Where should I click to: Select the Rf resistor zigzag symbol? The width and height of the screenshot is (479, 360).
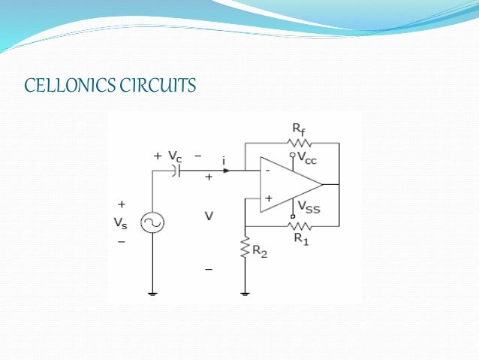coord(300,141)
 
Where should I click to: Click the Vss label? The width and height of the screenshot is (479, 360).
coord(309,207)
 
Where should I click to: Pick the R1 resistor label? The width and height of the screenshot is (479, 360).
coord(301,238)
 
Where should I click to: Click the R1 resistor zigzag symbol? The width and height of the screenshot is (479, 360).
coord(300,225)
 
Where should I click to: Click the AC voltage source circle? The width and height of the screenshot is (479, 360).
coord(152,222)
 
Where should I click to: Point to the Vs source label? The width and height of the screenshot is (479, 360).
coord(121,223)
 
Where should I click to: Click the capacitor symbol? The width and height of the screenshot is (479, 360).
coord(176,171)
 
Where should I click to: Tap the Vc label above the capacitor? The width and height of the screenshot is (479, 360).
coord(175,156)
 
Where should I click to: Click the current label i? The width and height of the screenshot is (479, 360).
coord(224,160)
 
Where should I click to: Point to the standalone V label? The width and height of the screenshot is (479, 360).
coord(209,216)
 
